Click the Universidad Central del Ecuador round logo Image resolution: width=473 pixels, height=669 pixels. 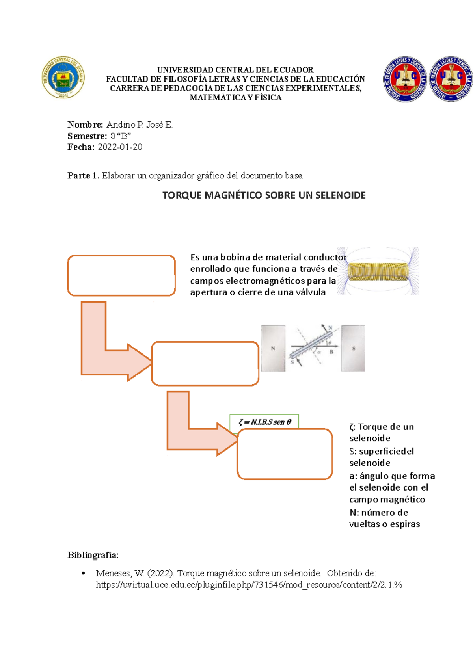(x=63, y=78)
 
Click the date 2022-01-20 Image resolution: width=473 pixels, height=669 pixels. (x=120, y=147)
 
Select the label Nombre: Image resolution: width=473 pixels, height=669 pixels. (x=85, y=125)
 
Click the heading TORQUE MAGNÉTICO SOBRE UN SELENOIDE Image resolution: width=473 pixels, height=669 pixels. (x=264, y=195)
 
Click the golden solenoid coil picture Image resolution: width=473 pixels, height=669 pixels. (x=378, y=272)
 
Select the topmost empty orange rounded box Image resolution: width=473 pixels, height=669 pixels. (x=121, y=275)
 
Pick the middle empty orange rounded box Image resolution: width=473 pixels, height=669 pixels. (x=205, y=363)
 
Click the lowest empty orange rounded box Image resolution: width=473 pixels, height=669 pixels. (x=285, y=454)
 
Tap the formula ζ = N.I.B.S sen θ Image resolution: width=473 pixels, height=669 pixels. (x=264, y=422)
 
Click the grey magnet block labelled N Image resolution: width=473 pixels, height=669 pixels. (x=273, y=348)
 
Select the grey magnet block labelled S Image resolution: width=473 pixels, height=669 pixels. (x=353, y=348)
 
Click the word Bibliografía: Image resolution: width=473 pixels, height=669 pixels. (x=93, y=555)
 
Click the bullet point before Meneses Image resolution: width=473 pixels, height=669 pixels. (x=83, y=574)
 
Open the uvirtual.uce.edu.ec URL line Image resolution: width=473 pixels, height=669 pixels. (x=249, y=585)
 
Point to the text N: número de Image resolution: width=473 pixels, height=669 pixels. (x=378, y=513)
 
